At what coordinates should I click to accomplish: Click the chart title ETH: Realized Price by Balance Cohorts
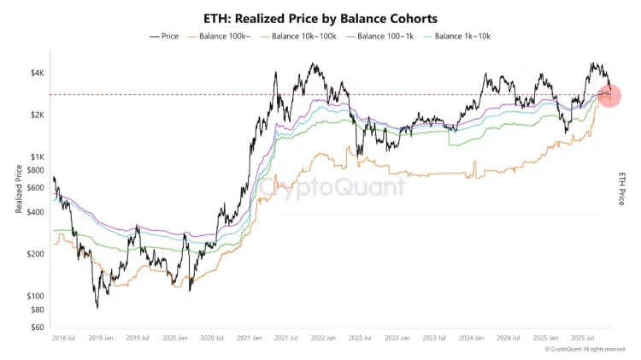(321, 17)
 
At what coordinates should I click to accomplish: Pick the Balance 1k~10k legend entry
(461, 36)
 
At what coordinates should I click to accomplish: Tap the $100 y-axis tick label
(37, 296)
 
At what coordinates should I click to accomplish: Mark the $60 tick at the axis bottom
(38, 327)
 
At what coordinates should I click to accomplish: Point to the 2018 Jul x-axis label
(65, 339)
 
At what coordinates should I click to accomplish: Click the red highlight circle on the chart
(610, 96)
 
